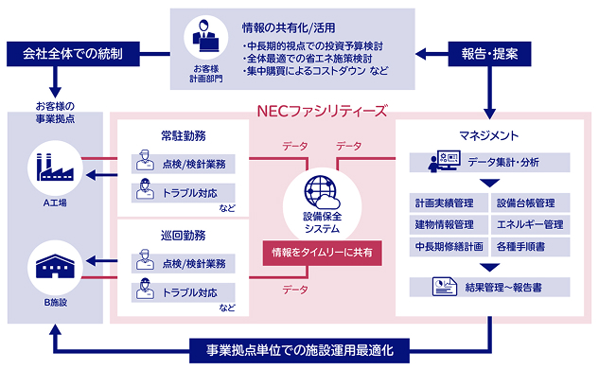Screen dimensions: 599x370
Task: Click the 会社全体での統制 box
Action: coord(73,54)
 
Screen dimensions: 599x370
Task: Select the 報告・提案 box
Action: coord(489,54)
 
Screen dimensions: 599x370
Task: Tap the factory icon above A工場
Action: coord(55,167)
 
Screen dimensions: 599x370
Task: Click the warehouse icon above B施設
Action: coord(55,266)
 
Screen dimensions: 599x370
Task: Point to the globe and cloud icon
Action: coord(322,192)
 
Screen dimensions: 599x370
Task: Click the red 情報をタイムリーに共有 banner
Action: coord(322,253)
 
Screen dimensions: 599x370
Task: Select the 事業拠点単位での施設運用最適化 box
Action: coord(299,350)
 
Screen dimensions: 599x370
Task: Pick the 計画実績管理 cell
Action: coord(449,203)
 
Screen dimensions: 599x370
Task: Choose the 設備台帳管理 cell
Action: coord(530,203)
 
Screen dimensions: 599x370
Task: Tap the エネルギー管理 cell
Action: coord(530,224)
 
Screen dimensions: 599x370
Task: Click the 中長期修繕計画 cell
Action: coord(449,247)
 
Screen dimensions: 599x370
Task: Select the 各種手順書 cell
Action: coord(530,247)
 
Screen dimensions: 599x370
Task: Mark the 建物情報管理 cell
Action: coord(449,224)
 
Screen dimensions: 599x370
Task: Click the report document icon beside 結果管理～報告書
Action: coord(445,287)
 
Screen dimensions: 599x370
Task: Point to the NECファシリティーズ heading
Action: coord(322,111)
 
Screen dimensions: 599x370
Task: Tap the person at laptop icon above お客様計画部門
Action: coord(206,36)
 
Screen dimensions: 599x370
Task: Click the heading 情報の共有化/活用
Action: coord(289,27)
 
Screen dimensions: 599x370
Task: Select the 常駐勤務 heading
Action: coord(184,135)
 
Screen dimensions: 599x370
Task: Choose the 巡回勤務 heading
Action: coord(184,236)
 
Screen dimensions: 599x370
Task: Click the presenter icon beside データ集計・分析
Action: coord(445,161)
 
